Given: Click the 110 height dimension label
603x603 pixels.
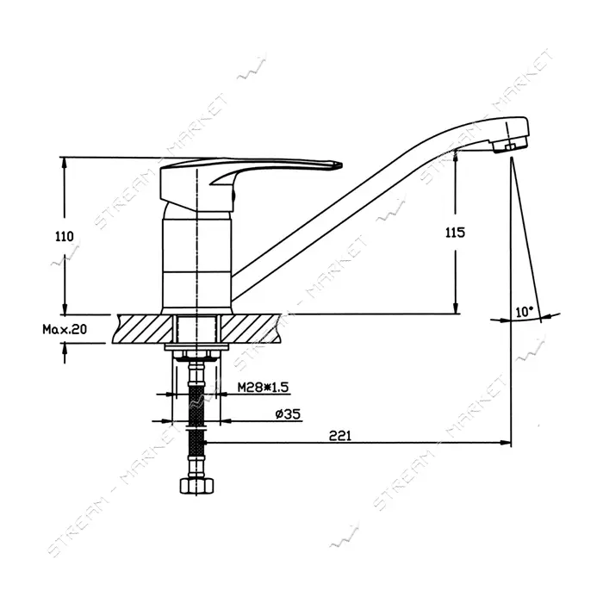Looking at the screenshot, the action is [x=65, y=236].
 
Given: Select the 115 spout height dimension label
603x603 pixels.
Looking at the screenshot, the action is [x=456, y=233].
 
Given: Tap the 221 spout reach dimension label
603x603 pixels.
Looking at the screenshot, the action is [x=340, y=436].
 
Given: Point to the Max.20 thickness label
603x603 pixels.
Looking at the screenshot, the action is [x=65, y=329].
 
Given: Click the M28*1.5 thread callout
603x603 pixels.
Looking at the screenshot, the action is [x=263, y=387].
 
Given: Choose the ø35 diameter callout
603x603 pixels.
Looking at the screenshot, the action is [x=288, y=414].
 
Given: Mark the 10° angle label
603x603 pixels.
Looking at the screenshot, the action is [x=525, y=312].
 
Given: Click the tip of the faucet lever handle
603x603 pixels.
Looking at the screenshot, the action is [x=341, y=165].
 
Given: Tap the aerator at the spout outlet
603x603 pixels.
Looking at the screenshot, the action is [x=510, y=147].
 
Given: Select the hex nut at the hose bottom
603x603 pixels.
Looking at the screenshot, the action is [x=196, y=485].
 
